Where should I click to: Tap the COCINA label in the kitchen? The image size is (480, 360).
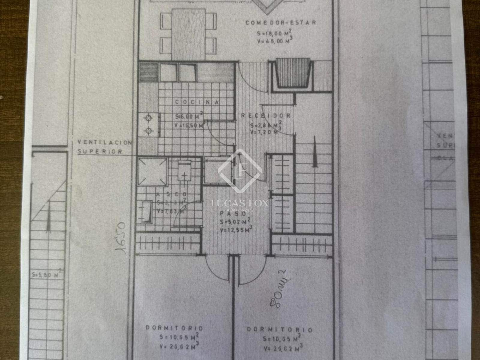tap(197, 102)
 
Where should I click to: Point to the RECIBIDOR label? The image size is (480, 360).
tap(266, 115)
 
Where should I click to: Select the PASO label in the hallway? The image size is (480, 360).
tap(233, 214)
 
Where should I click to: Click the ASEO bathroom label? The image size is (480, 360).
tap(172, 194)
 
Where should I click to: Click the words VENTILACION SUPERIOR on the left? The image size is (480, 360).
tap(104, 147)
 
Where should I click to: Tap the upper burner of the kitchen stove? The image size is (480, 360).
tap(148, 118)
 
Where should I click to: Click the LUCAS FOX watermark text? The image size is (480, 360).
tap(240, 203)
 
